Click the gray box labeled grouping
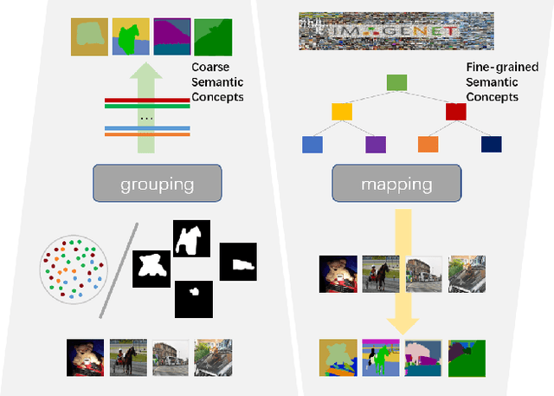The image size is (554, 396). (158, 184)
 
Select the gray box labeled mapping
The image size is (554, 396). (396, 184)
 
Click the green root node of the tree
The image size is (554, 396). (396, 82)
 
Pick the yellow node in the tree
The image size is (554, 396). (342, 111)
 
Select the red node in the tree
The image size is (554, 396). (455, 111)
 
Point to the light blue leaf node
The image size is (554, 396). (312, 145)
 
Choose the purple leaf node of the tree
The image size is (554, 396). (375, 145)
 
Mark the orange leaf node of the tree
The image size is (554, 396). (428, 145)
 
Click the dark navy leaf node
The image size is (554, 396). (491, 145)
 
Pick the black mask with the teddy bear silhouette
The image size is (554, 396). (153, 268)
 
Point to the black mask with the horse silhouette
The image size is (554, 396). (192, 238)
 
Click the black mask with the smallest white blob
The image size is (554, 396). (194, 300)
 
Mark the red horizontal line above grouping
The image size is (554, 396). (147, 101)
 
